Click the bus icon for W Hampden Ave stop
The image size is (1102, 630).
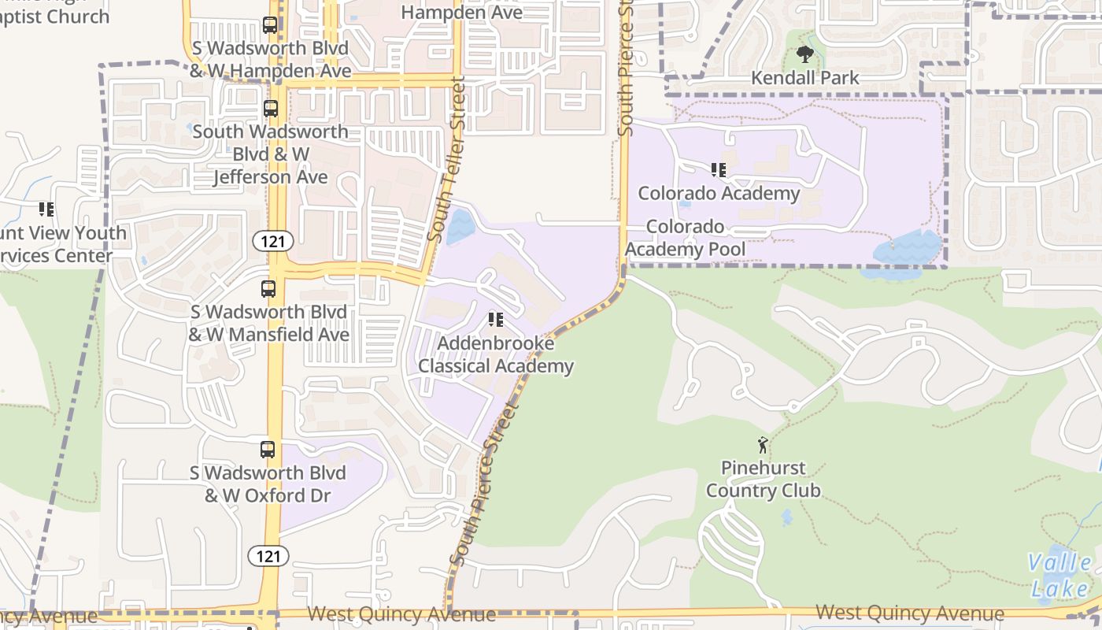click(270, 25)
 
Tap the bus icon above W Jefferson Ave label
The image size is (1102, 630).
click(270, 108)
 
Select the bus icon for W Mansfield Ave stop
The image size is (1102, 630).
click(268, 289)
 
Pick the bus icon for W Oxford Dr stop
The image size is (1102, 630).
click(268, 450)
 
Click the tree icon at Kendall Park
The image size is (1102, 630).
click(804, 54)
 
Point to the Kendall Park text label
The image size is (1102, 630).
click(805, 78)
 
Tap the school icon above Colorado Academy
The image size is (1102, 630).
click(718, 169)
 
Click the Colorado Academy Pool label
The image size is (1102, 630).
click(686, 238)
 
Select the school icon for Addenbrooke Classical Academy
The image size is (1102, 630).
click(495, 319)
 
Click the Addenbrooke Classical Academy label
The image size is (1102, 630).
click(496, 354)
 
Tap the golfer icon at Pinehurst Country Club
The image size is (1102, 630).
click(762, 445)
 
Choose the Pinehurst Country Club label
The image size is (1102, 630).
click(763, 479)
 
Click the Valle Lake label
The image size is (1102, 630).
click(1060, 575)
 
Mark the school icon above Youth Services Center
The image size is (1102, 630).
click(46, 209)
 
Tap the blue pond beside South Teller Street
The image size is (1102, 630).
click(460, 226)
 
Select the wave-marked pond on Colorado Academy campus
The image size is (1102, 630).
click(908, 250)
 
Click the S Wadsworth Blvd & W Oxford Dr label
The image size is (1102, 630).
click(268, 484)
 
